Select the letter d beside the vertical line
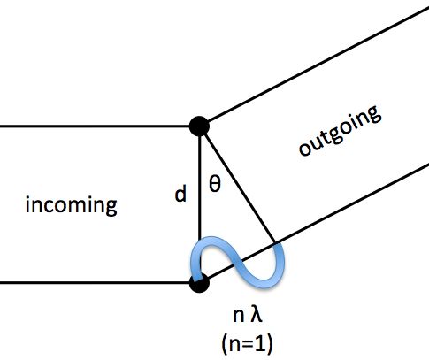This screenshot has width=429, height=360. tap(180, 194)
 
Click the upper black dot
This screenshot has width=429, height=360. tap(200, 126)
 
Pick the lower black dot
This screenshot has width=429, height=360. tap(200, 283)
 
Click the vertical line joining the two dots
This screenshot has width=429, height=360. tap(200, 212)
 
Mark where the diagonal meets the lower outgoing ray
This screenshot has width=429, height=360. tap(277, 243)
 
